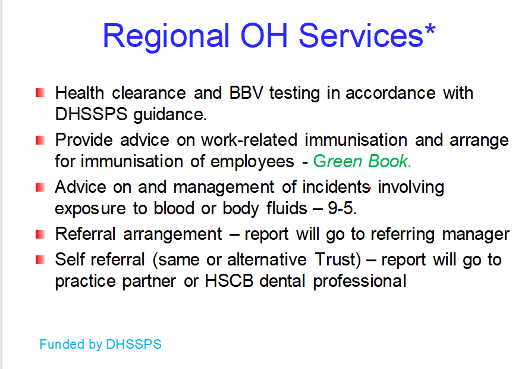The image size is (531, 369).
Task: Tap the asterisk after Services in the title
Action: pyautogui.click(x=430, y=30)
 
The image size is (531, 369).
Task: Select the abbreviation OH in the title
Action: pyautogui.click(x=264, y=36)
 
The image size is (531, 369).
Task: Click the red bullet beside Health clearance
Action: pyautogui.click(x=40, y=92)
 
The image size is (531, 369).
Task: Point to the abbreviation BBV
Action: pyautogui.click(x=246, y=93)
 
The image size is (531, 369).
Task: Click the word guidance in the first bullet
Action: pyautogui.click(x=170, y=115)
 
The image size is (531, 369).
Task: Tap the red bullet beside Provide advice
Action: pyautogui.click(x=40, y=140)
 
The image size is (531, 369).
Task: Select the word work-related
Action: pyautogui.click(x=249, y=140)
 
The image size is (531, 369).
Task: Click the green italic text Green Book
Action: pyautogui.click(x=362, y=161)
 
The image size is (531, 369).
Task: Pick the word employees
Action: pyautogui.click(x=252, y=162)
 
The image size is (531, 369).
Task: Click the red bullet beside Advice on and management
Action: pyautogui.click(x=40, y=187)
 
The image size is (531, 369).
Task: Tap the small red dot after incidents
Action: pyautogui.click(x=370, y=188)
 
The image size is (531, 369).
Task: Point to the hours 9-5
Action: pyautogui.click(x=343, y=208)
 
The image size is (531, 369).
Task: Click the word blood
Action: pyautogui.click(x=174, y=208)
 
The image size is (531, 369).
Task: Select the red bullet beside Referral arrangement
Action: pyautogui.click(x=40, y=234)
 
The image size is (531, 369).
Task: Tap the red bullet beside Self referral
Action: pyautogui.click(x=40, y=259)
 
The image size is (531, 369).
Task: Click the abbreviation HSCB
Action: pyautogui.click(x=229, y=281)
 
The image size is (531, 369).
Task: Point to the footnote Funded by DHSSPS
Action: pyautogui.click(x=100, y=345)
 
